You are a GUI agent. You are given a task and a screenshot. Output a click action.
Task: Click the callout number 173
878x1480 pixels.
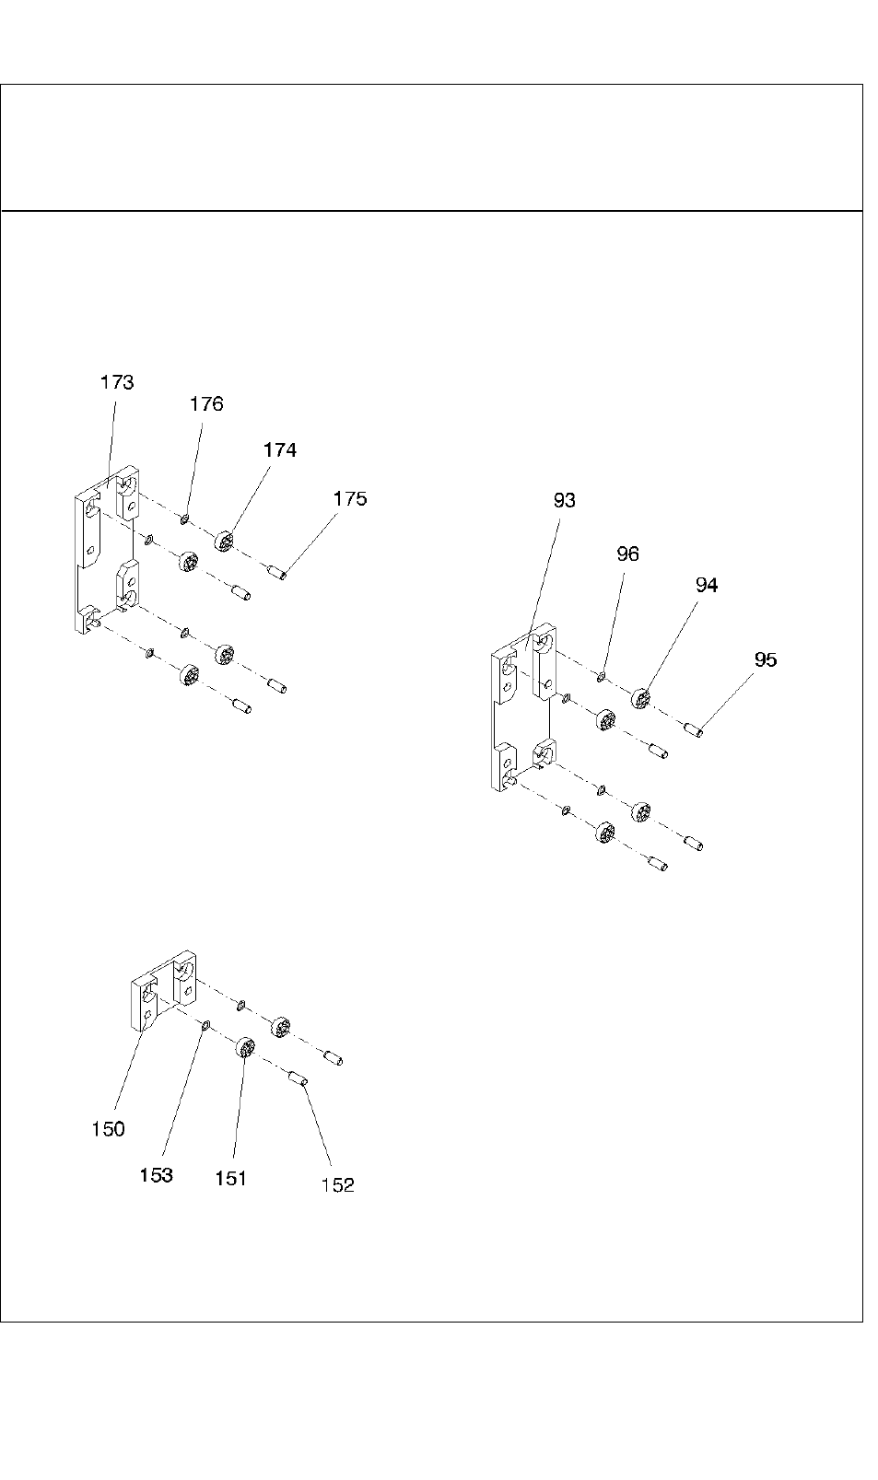pos(117,382)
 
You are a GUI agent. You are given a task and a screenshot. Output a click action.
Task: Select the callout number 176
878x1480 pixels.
pos(206,404)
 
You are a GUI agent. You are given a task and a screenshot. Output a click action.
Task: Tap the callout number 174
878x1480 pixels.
pos(280,450)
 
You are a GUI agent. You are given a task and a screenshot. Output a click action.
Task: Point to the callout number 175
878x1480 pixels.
pos(350,499)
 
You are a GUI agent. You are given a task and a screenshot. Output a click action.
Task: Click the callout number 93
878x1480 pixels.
pos(565,500)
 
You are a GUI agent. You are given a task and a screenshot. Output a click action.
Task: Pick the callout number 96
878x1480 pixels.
pos(627,554)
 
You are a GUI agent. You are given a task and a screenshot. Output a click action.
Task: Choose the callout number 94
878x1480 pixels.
pos(707,585)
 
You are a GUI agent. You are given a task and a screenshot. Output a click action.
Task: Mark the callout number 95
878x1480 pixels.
pos(766,659)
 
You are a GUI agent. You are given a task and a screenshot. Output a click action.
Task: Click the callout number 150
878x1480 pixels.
pos(108,1129)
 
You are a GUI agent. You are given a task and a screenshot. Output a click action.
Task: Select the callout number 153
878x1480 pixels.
pos(157,1175)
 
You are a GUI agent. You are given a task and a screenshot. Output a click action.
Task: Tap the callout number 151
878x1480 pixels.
pos(230,1178)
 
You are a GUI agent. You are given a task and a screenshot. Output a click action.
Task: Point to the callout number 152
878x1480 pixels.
pos(337,1186)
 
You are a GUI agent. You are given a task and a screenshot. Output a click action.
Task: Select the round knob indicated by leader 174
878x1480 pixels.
pos(225,540)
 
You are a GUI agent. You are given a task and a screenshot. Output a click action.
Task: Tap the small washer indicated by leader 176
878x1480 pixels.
pos(185,520)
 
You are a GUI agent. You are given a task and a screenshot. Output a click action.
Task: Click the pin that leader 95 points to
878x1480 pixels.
pos(695,731)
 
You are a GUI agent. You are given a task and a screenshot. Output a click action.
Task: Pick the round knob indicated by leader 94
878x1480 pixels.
pos(641,697)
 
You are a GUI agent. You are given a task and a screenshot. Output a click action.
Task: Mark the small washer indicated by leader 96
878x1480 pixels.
pos(601,678)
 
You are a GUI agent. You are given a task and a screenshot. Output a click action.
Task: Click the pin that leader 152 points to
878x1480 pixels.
pos(298,1078)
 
